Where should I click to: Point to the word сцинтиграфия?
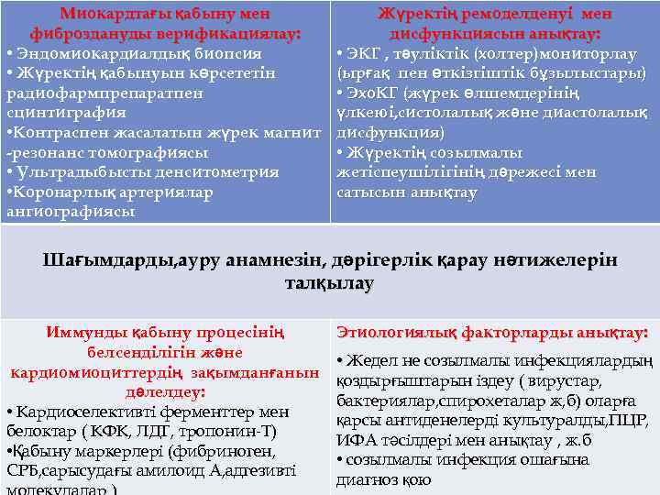click(66, 113)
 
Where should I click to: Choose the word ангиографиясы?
click(69, 212)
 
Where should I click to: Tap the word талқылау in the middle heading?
click(330, 284)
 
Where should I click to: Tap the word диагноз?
click(368, 480)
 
